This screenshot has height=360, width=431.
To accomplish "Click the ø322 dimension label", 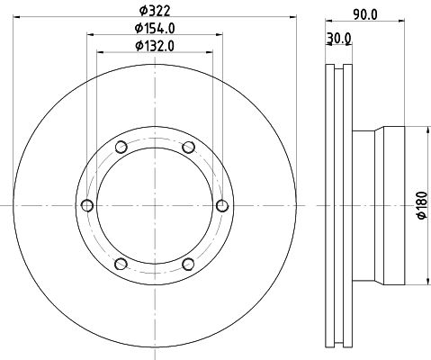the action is [155, 11].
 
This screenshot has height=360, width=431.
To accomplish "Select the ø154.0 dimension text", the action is [155, 29].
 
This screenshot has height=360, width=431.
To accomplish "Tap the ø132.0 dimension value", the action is [155, 46].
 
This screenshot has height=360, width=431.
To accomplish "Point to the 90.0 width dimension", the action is [365, 14].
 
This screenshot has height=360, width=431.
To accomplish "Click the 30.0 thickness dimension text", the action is [338, 39].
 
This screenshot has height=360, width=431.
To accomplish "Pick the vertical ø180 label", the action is [422, 205].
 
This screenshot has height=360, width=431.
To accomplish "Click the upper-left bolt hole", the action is [121, 147].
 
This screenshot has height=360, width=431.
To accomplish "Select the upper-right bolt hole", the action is [188, 147].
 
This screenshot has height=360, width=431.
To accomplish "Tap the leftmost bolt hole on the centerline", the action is [87, 205].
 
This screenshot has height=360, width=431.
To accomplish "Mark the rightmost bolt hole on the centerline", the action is [222, 205].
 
